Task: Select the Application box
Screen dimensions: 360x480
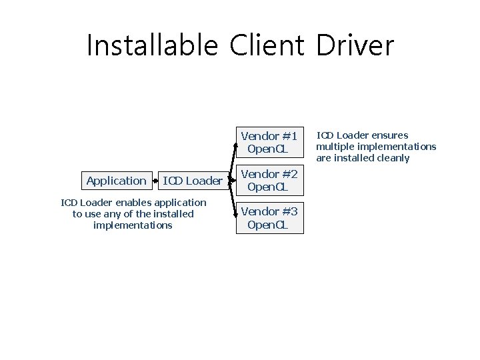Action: [x=116, y=181]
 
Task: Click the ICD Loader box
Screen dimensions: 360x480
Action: [x=193, y=181]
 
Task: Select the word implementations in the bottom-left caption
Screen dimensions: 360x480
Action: [x=133, y=225]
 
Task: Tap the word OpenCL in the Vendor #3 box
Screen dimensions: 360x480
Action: [x=267, y=225]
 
